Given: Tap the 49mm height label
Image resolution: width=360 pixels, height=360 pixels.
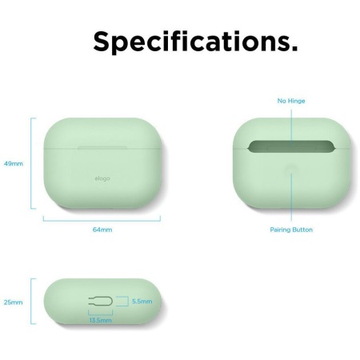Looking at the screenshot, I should tap(14, 162).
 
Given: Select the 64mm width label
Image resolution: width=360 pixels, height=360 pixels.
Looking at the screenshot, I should tap(102, 230).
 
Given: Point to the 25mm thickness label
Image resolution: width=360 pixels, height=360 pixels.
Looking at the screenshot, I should tap(14, 302).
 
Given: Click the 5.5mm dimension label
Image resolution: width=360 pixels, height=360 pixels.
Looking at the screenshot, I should tap(142, 302).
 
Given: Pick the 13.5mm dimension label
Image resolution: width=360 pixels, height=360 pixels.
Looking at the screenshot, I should tap(101, 319).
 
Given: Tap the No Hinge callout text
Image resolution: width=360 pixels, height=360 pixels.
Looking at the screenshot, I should tap(291, 101).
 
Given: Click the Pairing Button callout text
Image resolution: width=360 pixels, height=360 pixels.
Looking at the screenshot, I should tap(291, 230).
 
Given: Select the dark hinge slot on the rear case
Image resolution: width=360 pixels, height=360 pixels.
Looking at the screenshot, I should tap(291, 147).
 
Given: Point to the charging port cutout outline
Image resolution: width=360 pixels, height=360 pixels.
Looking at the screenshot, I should tap(99, 302).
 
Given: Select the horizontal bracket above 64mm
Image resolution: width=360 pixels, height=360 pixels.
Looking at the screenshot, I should tap(102, 218).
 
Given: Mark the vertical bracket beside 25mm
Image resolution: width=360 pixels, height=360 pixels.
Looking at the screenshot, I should tap(33, 301).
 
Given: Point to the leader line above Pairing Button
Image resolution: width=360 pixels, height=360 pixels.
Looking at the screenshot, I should tap(291, 200).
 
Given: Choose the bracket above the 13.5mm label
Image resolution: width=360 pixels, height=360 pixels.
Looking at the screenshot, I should tap(101, 313).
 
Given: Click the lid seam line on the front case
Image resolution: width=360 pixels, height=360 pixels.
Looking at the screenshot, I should tap(102, 146).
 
